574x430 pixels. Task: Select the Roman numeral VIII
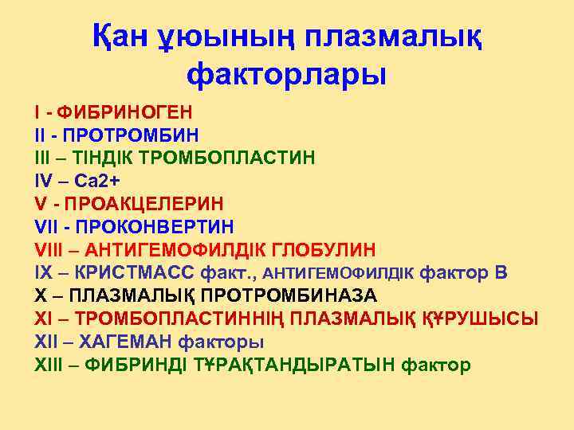point(48,249)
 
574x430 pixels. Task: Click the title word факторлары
point(286,76)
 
